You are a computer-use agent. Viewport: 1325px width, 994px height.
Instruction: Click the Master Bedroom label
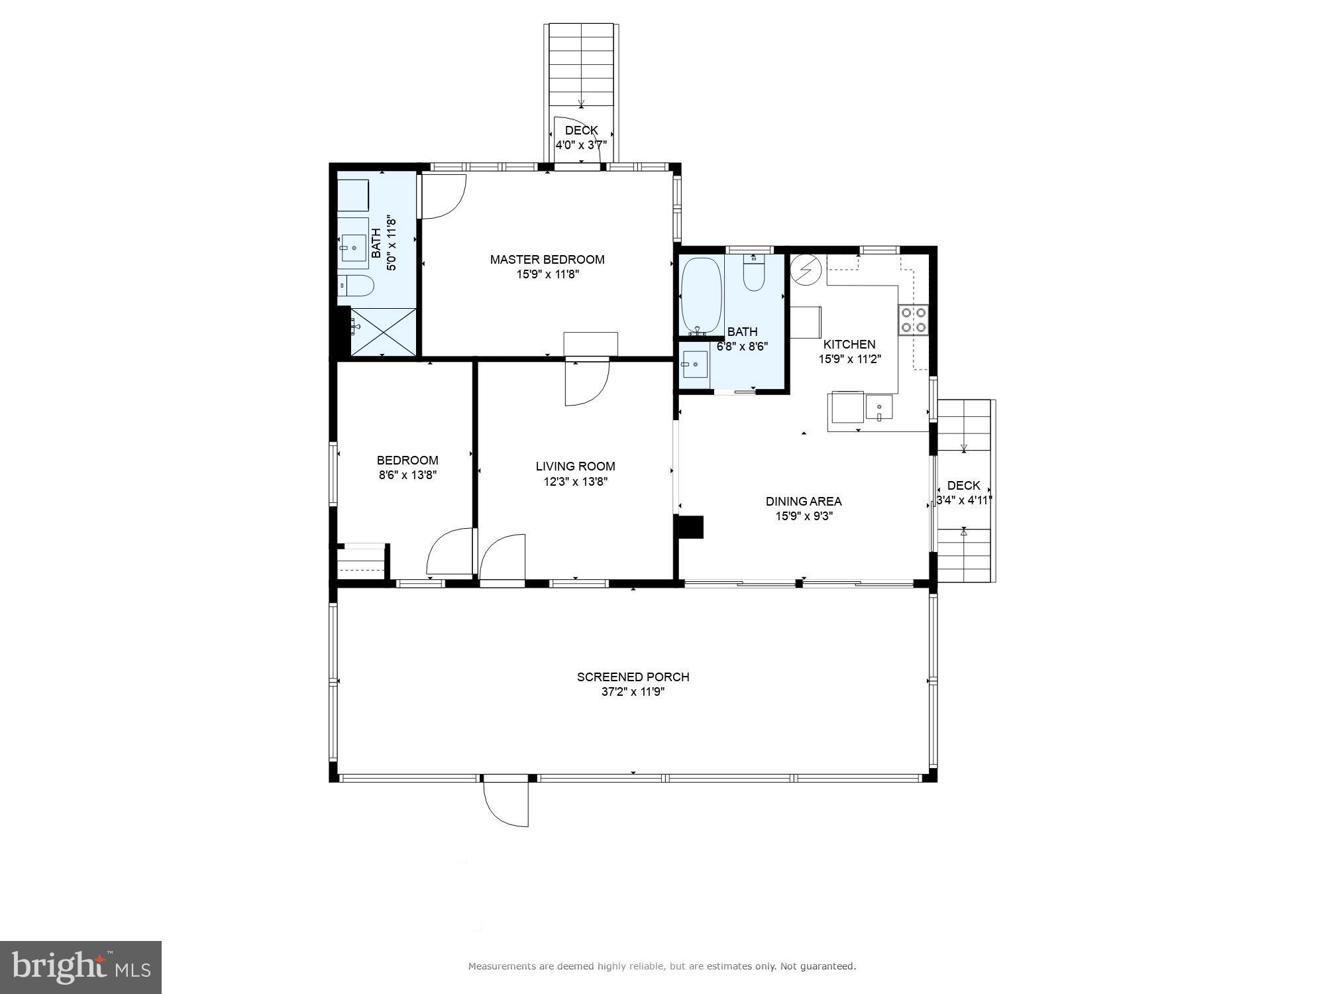pos(547,259)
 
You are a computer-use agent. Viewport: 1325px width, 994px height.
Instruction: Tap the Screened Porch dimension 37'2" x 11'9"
pos(633,692)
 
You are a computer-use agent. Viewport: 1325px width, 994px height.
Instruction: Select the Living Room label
pos(575,466)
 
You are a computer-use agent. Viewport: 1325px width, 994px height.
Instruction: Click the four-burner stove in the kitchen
pos(914,319)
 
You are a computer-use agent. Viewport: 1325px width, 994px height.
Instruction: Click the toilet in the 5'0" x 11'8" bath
pos(357,286)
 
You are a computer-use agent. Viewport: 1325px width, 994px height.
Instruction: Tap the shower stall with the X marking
pos(383,332)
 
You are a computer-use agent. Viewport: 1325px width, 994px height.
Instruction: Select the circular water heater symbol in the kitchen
pos(806,270)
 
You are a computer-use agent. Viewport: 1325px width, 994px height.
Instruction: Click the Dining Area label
pos(804,501)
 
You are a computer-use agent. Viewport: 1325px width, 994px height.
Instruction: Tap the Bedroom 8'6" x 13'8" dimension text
pos(407,475)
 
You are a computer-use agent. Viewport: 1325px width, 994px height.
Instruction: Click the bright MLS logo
pos(81,967)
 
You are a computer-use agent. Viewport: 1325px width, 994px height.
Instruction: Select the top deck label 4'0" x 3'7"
pos(581,144)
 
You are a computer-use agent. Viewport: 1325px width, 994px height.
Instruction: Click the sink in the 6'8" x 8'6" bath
pos(695,364)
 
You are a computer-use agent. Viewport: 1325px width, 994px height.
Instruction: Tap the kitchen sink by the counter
pos(878,407)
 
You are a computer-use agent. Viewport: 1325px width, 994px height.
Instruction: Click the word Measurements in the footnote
pos(502,967)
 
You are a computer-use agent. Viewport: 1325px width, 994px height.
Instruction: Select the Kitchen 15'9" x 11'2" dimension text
pos(849,359)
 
